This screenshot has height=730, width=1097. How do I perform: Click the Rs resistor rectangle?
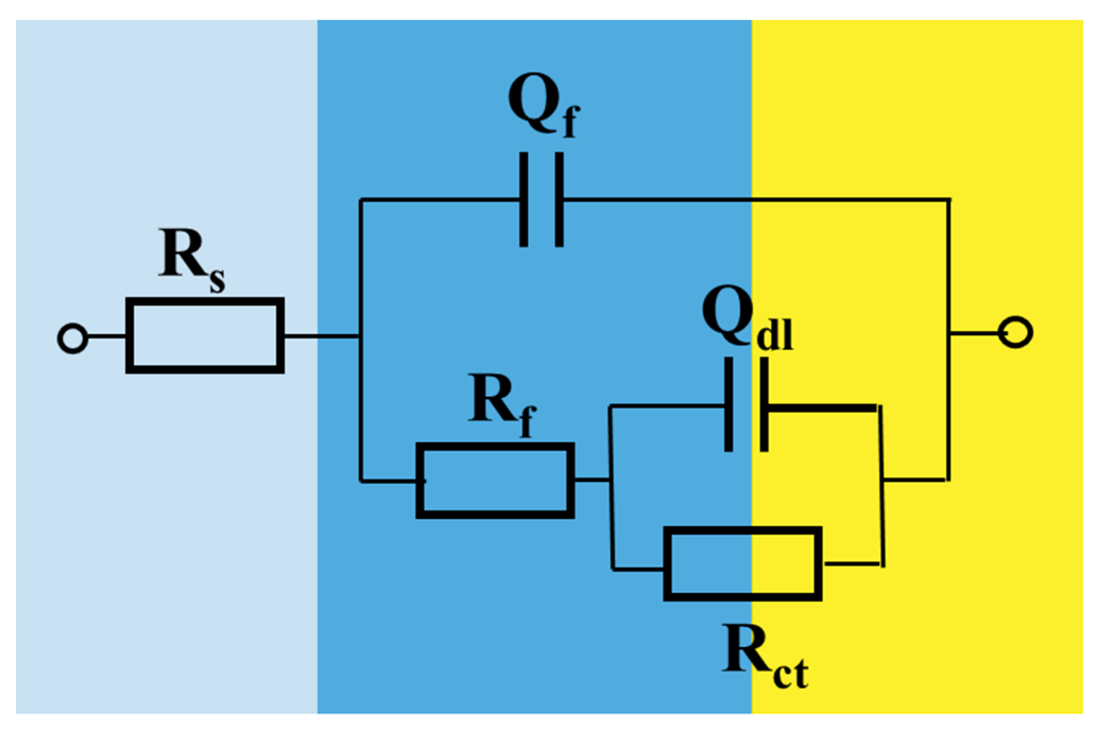pyautogui.click(x=205, y=335)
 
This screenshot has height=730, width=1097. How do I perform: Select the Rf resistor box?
pyautogui.click(x=495, y=480)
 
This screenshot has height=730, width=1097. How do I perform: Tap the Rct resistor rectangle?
pyautogui.click(x=742, y=563)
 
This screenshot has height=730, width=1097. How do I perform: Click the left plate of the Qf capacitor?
pyautogui.click(x=523, y=199)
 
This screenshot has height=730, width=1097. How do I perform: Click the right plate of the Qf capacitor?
pyautogui.click(x=559, y=199)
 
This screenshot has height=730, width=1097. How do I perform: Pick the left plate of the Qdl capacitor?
pyautogui.click(x=729, y=404)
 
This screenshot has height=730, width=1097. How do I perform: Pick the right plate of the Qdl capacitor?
pyautogui.click(x=764, y=404)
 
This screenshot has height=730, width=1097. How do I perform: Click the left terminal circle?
pyautogui.click(x=73, y=338)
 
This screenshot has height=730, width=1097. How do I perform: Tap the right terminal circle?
pyautogui.click(x=1015, y=333)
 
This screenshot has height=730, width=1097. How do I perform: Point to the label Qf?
pyautogui.click(x=543, y=106)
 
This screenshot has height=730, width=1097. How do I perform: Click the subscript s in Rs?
pyautogui.click(x=217, y=280)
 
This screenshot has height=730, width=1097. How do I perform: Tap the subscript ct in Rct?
pyautogui.click(x=791, y=673)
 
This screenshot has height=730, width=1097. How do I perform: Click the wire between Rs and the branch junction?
pyautogui.click(x=322, y=336)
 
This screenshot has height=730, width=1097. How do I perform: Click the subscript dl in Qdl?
pyautogui.click(x=774, y=335)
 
